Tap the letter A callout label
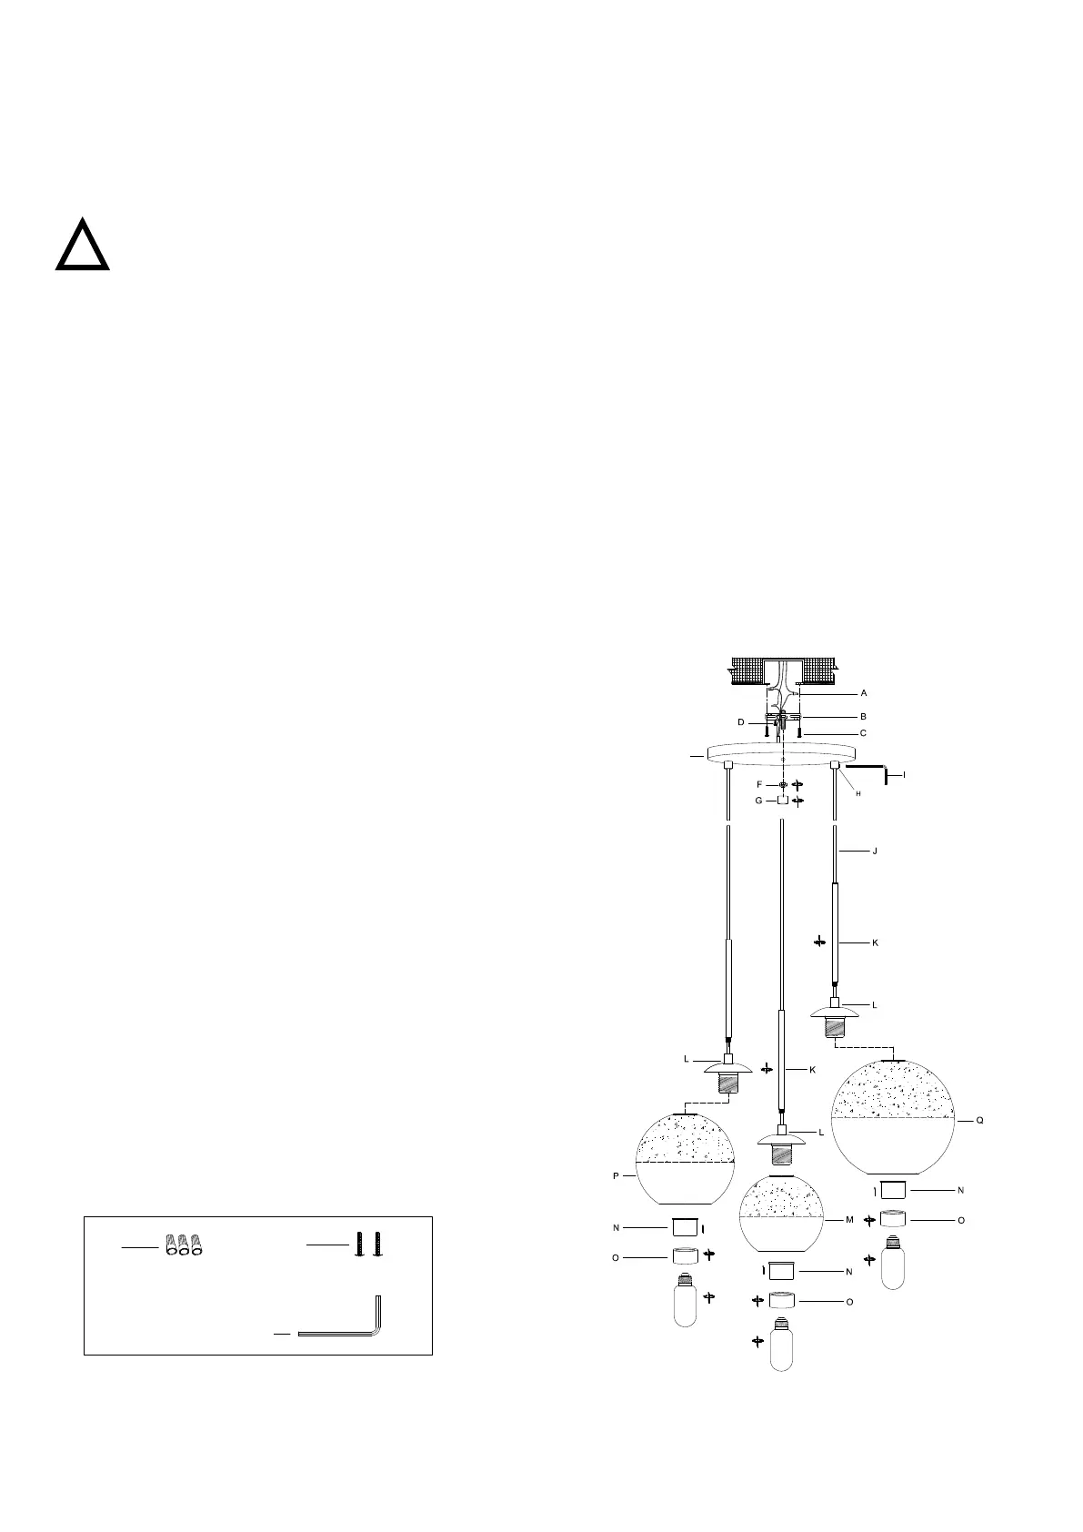click(864, 693)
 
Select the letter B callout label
click(864, 717)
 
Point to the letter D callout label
click(740, 722)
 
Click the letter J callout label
click(875, 852)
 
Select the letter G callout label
click(758, 801)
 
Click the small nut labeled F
click(783, 784)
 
